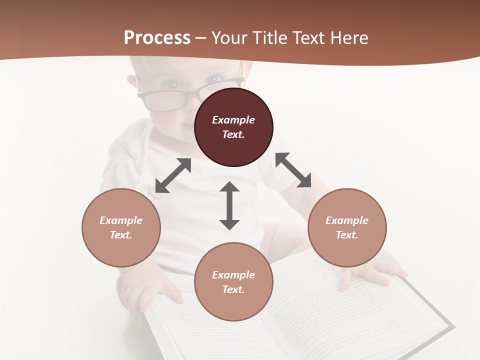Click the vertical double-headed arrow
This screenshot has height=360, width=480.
pyautogui.click(x=229, y=205)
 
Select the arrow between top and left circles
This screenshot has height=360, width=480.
pyautogui.click(x=173, y=175)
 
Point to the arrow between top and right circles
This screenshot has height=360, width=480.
pyautogui.click(x=293, y=170)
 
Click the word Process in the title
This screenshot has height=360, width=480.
pyautogui.click(x=157, y=37)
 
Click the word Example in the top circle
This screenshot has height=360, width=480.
pyautogui.click(x=233, y=120)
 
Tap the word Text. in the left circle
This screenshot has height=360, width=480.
pyautogui.click(x=121, y=235)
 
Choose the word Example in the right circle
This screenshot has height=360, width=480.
pyautogui.click(x=347, y=220)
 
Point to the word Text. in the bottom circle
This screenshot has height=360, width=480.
pyautogui.click(x=233, y=289)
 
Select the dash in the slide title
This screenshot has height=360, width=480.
pyautogui.click(x=201, y=38)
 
